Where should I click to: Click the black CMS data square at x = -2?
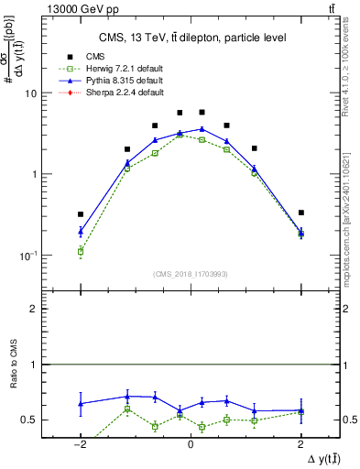click(81, 214)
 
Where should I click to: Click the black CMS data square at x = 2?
click(300, 213)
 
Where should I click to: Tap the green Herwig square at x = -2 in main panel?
click(81, 250)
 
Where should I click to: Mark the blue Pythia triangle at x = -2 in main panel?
click(81, 232)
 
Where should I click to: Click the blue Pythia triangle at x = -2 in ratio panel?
click(81, 403)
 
